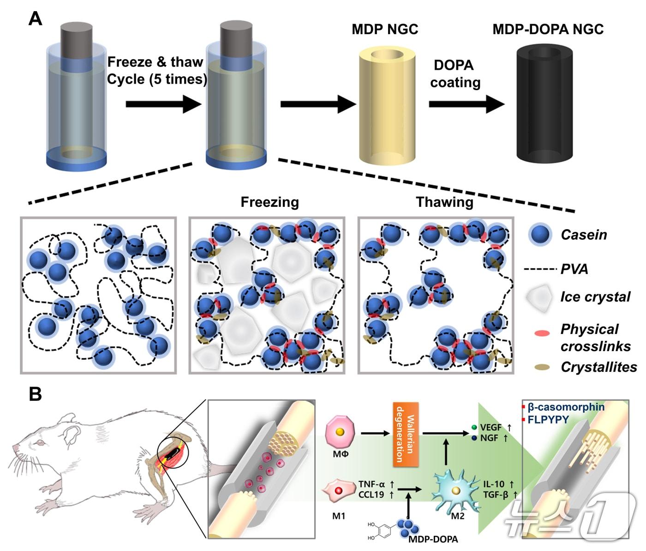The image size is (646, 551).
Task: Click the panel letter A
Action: pyautogui.click(x=36, y=19)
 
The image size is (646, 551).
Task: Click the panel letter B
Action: pyautogui.click(x=35, y=394)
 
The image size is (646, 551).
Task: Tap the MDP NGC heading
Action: pyautogui.click(x=385, y=30)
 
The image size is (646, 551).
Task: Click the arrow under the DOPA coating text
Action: pyautogui.click(x=467, y=104)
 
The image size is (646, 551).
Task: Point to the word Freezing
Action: pyautogui.click(x=270, y=202)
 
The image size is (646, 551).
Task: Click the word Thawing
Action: pyautogui.click(x=444, y=202)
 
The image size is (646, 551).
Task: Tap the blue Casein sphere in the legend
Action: pyautogui.click(x=541, y=234)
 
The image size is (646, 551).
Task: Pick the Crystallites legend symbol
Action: pyautogui.click(x=542, y=367)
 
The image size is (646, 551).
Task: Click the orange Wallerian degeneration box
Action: pyautogui.click(x=406, y=434)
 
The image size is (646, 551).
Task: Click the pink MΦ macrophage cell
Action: pyautogui.click(x=340, y=433)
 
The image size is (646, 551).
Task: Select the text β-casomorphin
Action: pyautogui.click(x=566, y=407)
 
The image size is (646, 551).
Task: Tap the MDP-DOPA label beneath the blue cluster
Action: pyautogui.click(x=433, y=539)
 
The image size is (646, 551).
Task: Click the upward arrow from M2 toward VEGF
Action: pyautogui.click(x=446, y=453)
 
